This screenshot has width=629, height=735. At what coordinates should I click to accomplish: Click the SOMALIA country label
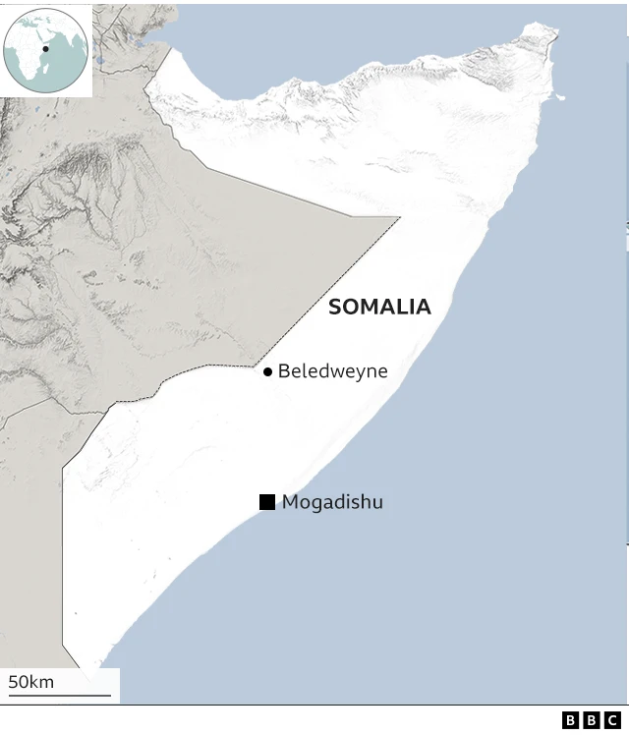coord(379,307)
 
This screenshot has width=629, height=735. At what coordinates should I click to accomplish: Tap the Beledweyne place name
coord(332,371)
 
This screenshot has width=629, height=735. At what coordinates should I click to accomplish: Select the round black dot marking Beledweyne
coord(267,372)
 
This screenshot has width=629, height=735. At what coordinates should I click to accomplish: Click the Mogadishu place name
coord(332,503)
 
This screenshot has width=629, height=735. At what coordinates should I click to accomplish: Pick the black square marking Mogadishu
coord(267,502)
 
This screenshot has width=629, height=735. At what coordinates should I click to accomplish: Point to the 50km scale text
coord(31,682)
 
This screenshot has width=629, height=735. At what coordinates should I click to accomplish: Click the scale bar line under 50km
coord(59,696)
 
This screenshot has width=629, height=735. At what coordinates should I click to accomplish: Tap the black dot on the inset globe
coord(45,48)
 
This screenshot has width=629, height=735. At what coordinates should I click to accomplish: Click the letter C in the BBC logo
coord(613,720)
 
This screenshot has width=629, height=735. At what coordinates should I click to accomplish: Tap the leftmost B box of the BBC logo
coord(571,720)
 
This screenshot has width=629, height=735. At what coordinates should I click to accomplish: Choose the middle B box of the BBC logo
coord(592,720)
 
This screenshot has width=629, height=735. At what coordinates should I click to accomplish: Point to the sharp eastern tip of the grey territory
coord(399,217)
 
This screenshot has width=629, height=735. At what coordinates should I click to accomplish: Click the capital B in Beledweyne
coord(284,371)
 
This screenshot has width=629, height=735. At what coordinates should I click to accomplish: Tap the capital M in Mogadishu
coord(290,503)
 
